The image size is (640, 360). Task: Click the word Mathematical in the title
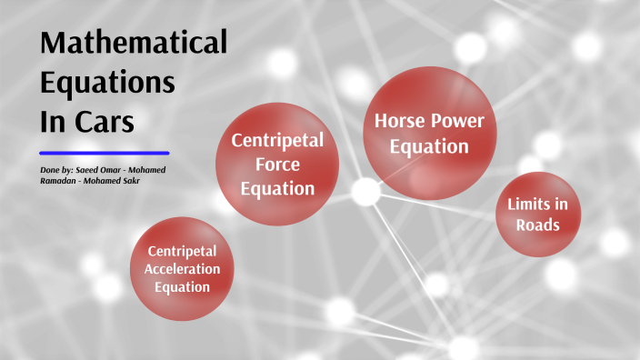133,43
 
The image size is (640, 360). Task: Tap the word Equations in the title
107,82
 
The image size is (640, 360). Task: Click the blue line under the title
105,153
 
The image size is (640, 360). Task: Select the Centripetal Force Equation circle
276,165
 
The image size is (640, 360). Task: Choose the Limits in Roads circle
538,215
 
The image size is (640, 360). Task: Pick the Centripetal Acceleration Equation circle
183,268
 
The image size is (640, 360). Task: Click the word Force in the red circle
277,165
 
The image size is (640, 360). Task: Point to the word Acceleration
183,269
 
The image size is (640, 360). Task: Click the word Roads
538,225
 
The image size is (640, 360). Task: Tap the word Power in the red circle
457,121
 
